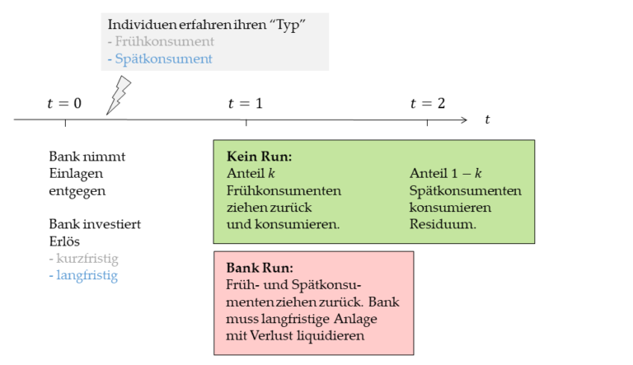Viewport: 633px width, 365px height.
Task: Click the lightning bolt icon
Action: pyautogui.click(x=119, y=95)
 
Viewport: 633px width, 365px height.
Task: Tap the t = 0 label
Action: pyautogui.click(x=64, y=103)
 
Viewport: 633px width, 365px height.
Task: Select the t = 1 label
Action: pyautogui.click(x=246, y=103)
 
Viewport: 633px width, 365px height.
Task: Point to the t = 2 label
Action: pyautogui.click(x=428, y=103)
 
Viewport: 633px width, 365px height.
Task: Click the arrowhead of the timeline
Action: pyautogui.click(x=463, y=120)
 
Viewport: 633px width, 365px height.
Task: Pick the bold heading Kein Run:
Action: pyautogui.click(x=259, y=157)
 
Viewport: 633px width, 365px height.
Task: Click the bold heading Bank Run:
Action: pyautogui.click(x=260, y=268)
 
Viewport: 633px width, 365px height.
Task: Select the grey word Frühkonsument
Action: pyautogui.click(x=165, y=41)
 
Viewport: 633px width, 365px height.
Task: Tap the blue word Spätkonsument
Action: pyautogui.click(x=163, y=59)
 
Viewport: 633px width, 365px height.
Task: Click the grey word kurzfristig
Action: pyautogui.click(x=87, y=259)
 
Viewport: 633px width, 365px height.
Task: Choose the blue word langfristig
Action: pyautogui.click(x=87, y=275)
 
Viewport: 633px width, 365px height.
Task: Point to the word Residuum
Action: pyautogui.click(x=443, y=224)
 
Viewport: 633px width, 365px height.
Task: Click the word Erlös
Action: pyautogui.click(x=64, y=241)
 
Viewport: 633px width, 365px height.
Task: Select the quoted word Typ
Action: pyautogui.click(x=288, y=26)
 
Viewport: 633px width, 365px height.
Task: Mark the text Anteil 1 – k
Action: pyautogui.click(x=446, y=173)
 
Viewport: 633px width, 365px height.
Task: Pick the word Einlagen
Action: pyautogui.click(x=76, y=174)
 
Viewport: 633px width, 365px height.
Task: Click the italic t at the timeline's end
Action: pyautogui.click(x=487, y=120)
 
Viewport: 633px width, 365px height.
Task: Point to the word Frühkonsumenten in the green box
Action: pyautogui.click(x=284, y=190)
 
